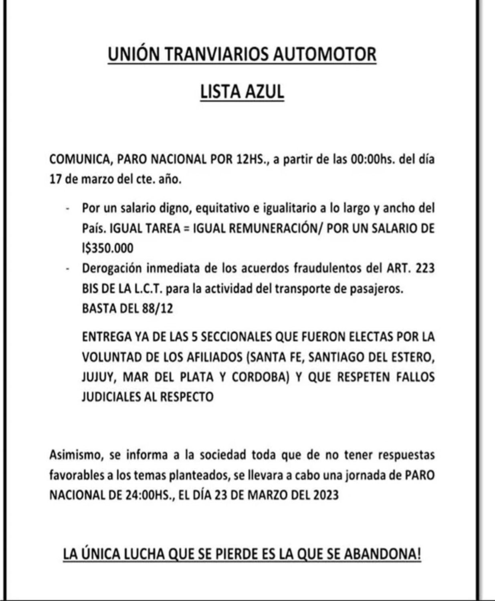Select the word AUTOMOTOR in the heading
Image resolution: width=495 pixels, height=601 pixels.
(325, 54)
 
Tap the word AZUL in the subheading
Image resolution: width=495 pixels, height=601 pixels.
(265, 92)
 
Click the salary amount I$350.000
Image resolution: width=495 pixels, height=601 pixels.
(107, 248)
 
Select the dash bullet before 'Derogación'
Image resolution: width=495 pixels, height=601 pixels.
(68, 269)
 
